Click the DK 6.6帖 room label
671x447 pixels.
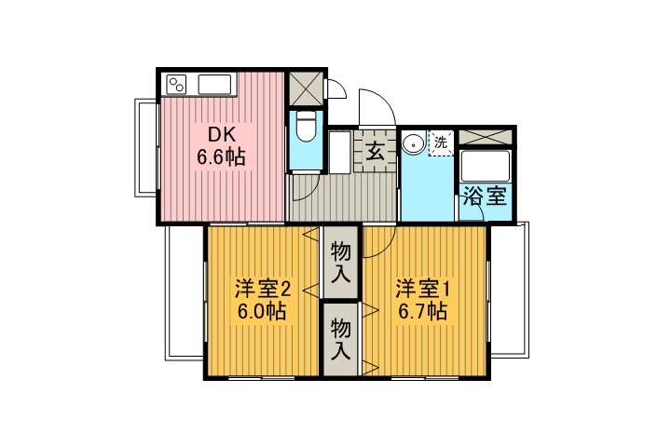click(220, 145)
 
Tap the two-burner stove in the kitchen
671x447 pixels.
click(178, 86)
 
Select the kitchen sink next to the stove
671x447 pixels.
click(220, 86)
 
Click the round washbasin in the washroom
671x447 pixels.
click(413, 144)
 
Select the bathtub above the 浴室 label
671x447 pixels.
click(486, 168)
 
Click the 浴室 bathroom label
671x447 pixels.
click(485, 197)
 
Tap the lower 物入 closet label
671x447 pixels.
click(341, 340)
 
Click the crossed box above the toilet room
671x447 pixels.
click(307, 88)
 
